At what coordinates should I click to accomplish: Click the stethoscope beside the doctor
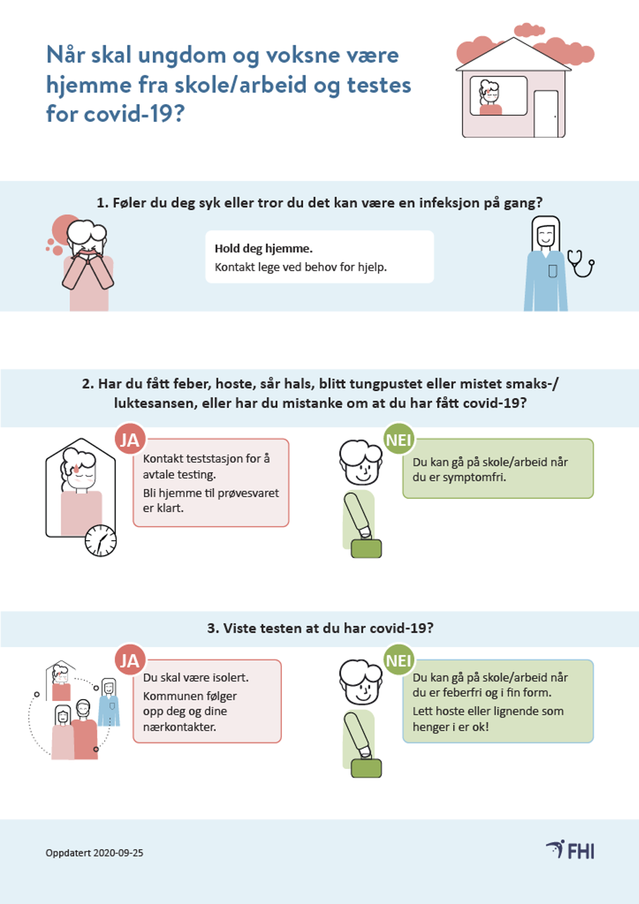coord(581,263)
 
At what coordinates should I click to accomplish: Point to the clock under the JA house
coord(100,540)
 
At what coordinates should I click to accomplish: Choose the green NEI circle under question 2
coord(399,439)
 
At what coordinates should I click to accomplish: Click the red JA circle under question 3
coord(130,660)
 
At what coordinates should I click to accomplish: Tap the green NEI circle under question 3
coord(399,660)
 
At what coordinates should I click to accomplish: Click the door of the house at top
coord(546,114)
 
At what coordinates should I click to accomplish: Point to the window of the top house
coord(499,96)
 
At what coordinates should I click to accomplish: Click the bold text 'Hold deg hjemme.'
coord(264,248)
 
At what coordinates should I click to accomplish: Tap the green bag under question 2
coord(366,548)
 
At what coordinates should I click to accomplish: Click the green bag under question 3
coord(366,768)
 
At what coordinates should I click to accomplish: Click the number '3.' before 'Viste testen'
coord(213,629)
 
